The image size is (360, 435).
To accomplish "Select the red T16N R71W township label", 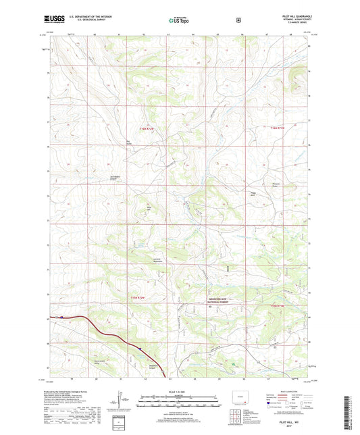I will pos(278,128).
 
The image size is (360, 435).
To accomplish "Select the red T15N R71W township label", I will pos(278,306).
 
